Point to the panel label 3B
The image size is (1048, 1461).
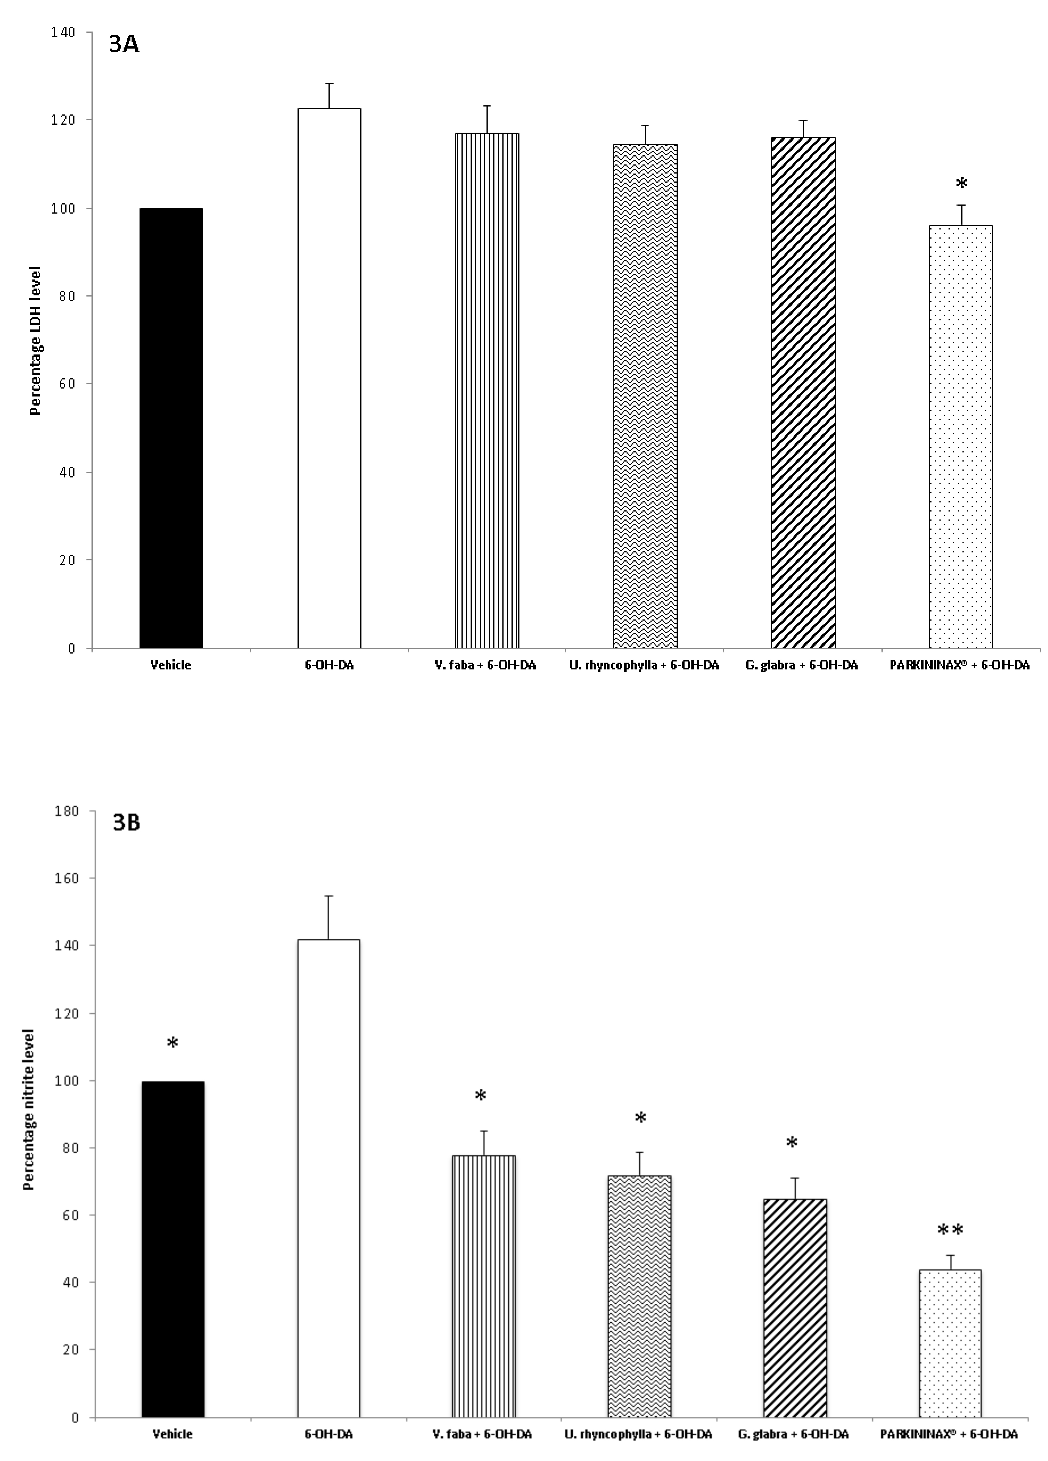126,823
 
